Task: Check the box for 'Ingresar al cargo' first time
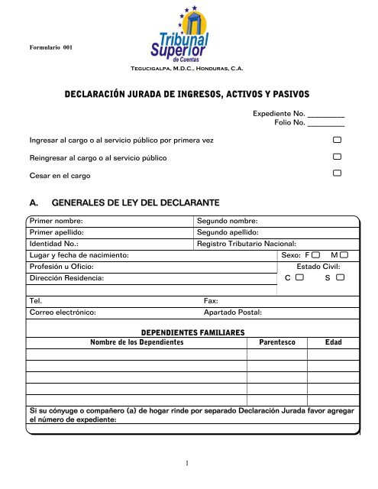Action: tap(337, 141)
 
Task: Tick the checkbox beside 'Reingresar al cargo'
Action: tap(337, 157)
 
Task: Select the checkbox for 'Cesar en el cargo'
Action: tap(337, 173)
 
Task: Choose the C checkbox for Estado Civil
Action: tap(300, 280)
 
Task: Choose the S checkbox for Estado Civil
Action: tap(340, 280)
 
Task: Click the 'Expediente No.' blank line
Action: tap(326, 114)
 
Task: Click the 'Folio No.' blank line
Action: tap(326, 123)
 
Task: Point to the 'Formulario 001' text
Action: tap(50, 47)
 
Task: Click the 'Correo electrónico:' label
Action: tap(63, 313)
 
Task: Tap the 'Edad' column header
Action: tap(334, 342)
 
